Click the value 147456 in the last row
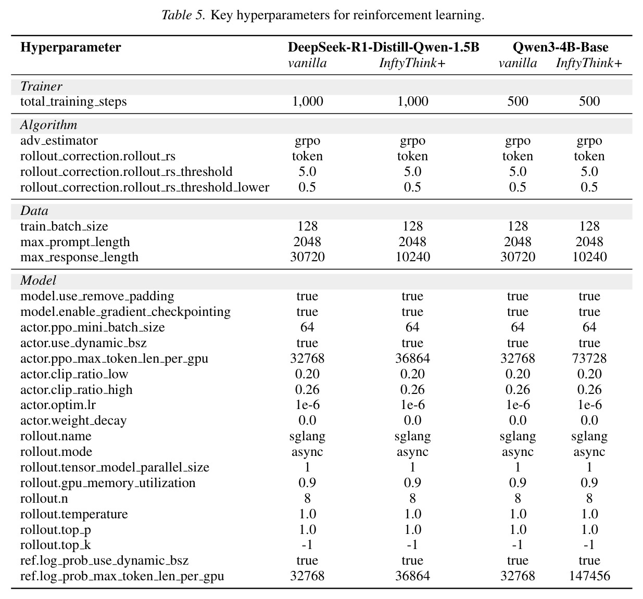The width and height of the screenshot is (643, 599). (x=589, y=576)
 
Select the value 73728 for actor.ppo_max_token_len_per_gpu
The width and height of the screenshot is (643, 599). (x=589, y=358)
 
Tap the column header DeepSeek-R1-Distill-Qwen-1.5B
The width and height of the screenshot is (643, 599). (x=383, y=47)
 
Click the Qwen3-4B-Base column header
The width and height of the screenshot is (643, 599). (x=560, y=47)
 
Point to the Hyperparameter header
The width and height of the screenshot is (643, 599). (x=71, y=47)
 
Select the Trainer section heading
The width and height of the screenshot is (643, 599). (x=41, y=86)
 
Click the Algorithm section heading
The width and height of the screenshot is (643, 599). (x=48, y=125)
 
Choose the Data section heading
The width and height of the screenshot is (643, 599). (x=34, y=211)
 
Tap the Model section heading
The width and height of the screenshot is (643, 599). (x=38, y=281)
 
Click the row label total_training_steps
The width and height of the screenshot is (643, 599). (x=73, y=101)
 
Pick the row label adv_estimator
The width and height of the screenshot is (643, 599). (x=59, y=141)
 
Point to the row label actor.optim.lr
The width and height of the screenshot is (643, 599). (x=58, y=405)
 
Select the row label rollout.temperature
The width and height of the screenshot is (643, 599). (x=74, y=514)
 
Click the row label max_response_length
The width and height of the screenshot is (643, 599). (x=79, y=257)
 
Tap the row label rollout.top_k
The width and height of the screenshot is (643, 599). (x=55, y=545)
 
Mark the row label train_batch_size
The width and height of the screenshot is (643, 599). (x=64, y=226)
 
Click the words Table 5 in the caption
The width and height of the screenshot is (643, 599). (x=183, y=15)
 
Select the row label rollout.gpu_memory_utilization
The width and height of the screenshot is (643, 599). (x=108, y=483)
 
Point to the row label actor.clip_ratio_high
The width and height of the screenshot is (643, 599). (x=77, y=389)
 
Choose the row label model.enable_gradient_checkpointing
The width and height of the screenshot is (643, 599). (x=125, y=312)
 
